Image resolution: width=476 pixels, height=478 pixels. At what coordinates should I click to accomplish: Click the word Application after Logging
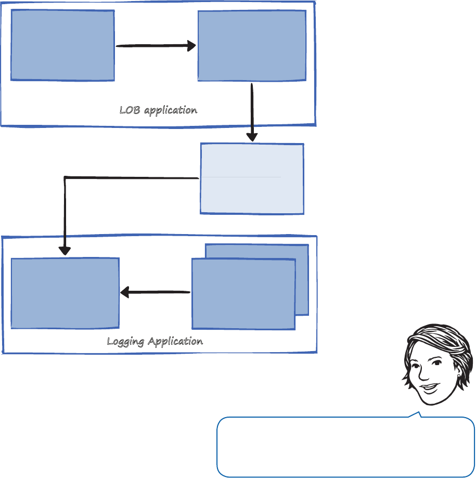tap(175, 342)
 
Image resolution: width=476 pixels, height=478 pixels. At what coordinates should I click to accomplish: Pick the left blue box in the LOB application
tap(62, 45)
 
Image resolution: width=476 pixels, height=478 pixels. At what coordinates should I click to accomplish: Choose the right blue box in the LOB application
tap(252, 45)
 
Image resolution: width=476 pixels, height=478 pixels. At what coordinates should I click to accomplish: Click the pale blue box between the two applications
tap(252, 178)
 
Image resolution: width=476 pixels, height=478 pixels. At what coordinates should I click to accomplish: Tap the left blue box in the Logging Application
tap(65, 293)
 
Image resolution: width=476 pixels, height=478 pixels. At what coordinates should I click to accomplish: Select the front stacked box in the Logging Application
tap(243, 294)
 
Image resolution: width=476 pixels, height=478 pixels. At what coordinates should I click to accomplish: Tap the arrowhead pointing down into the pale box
tap(252, 137)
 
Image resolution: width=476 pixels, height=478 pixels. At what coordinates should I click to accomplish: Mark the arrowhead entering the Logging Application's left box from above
tap(65, 250)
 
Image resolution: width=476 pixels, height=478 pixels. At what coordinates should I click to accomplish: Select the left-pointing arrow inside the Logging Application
tap(155, 293)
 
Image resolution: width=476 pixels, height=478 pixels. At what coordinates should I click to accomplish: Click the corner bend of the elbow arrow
tap(65, 178)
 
